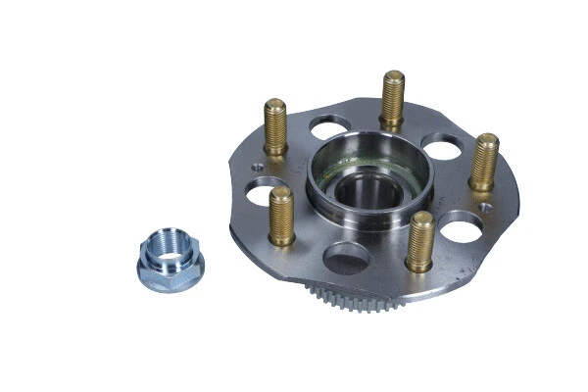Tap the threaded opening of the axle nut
coord(169,248)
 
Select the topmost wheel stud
coord(393,98)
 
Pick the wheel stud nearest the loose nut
coord(281,216)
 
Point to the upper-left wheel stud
coord(275,126)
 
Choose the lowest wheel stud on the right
coord(420,240)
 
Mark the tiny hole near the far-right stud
coord(487,207)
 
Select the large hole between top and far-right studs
coord(442,147)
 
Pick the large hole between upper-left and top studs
coord(331,127)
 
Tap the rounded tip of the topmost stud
coord(394,75)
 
